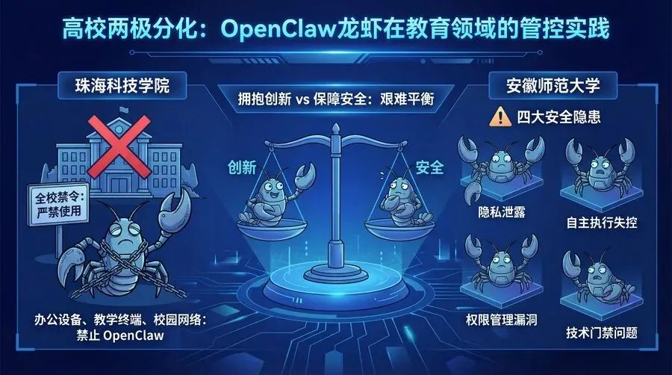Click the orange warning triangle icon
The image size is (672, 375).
click(x=496, y=117)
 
